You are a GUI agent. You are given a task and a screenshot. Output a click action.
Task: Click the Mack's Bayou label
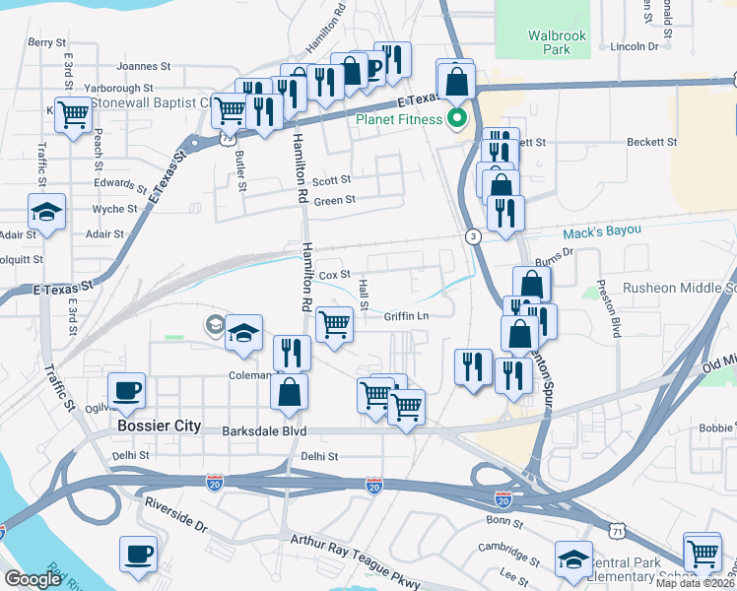pos(602,232)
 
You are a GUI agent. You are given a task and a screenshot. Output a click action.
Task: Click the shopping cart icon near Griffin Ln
pos(335,322)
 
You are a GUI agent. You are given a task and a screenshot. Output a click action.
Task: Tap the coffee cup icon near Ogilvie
pos(126,389)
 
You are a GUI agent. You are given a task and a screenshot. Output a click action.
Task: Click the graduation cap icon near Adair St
pos(46,212)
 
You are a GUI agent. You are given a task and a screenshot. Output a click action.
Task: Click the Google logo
pos(32,579)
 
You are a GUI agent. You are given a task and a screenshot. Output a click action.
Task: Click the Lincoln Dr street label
pos(633,46)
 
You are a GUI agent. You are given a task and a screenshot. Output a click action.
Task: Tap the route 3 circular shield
pos(474,236)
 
